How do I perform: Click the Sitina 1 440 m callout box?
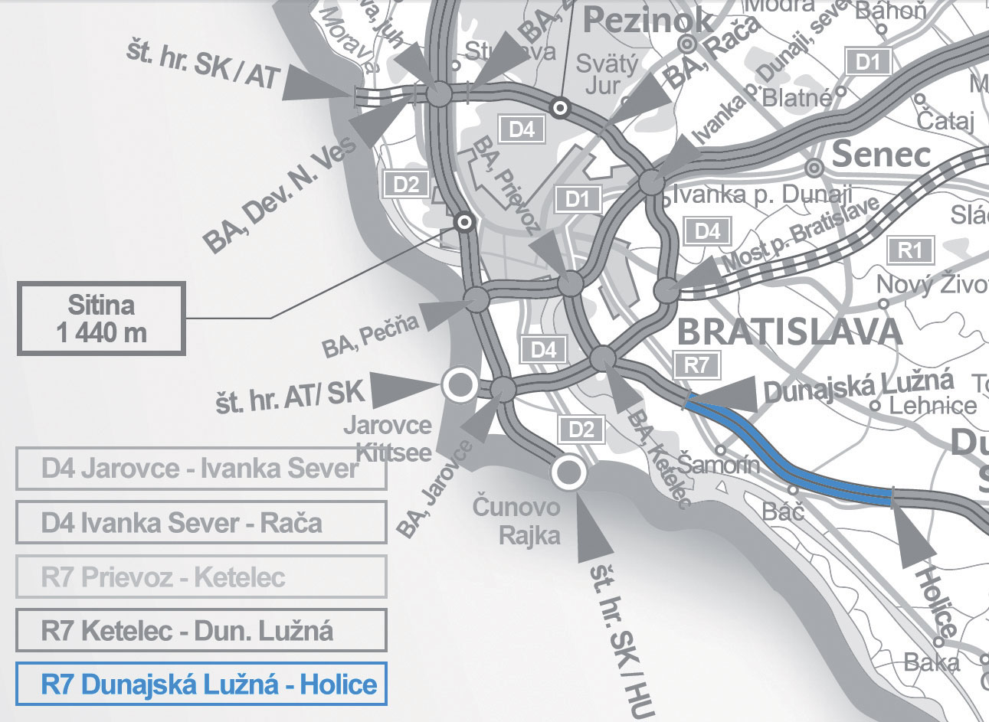click(x=101, y=319)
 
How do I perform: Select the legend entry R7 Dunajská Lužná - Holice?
click(x=201, y=684)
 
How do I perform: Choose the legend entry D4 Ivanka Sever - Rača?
click(x=201, y=523)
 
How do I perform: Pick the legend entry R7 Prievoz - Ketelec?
click(x=201, y=577)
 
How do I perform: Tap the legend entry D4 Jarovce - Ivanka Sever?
click(x=201, y=469)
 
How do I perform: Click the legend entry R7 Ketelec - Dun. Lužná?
click(x=201, y=630)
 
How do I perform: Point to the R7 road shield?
click(x=696, y=364)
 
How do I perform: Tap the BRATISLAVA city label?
click(x=790, y=332)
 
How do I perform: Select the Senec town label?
click(x=881, y=155)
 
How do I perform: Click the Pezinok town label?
click(x=640, y=21)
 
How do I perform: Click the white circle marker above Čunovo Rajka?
click(x=568, y=473)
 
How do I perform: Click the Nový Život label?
click(x=932, y=285)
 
